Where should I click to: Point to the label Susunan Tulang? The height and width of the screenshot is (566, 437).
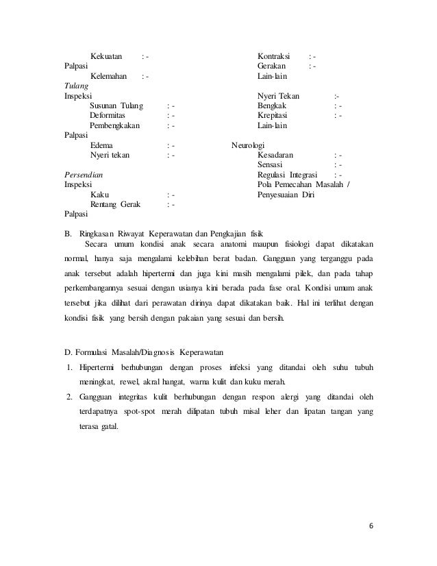point(116,106)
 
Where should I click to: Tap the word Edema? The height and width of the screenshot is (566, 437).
point(103,146)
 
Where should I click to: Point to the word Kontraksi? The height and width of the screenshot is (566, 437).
point(273,56)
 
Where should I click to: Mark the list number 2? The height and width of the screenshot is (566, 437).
point(69,397)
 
